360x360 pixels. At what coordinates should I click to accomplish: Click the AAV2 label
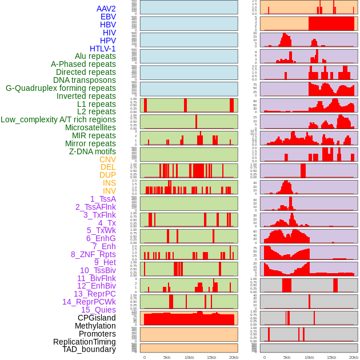[x=106, y=9]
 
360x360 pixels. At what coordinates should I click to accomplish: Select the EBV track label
[x=108, y=17]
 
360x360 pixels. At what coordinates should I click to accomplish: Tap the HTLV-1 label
[x=102, y=49]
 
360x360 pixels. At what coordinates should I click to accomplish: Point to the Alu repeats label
[x=95, y=57]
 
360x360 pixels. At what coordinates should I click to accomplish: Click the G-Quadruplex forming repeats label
[x=61, y=88]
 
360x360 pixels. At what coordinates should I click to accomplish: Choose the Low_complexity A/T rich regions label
[x=58, y=119]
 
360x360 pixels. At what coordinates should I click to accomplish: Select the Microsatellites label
[x=90, y=127]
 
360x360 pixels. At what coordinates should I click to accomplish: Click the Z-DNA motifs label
[x=92, y=151]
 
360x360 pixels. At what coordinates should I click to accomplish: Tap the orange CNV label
[x=107, y=159]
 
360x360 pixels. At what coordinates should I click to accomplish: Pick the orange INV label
[x=109, y=191]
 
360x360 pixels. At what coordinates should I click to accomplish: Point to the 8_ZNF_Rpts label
[x=93, y=254]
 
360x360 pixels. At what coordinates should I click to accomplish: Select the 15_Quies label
[x=98, y=310]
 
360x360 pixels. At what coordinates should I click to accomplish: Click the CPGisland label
[x=97, y=318]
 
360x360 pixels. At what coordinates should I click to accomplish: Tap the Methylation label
[x=95, y=326]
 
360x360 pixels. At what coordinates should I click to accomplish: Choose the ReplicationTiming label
[x=84, y=342]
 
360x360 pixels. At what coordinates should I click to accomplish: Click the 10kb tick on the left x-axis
[x=189, y=357]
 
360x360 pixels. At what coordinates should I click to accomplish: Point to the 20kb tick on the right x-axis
[x=354, y=357]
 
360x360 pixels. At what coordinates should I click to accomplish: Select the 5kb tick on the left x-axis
[x=167, y=357]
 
